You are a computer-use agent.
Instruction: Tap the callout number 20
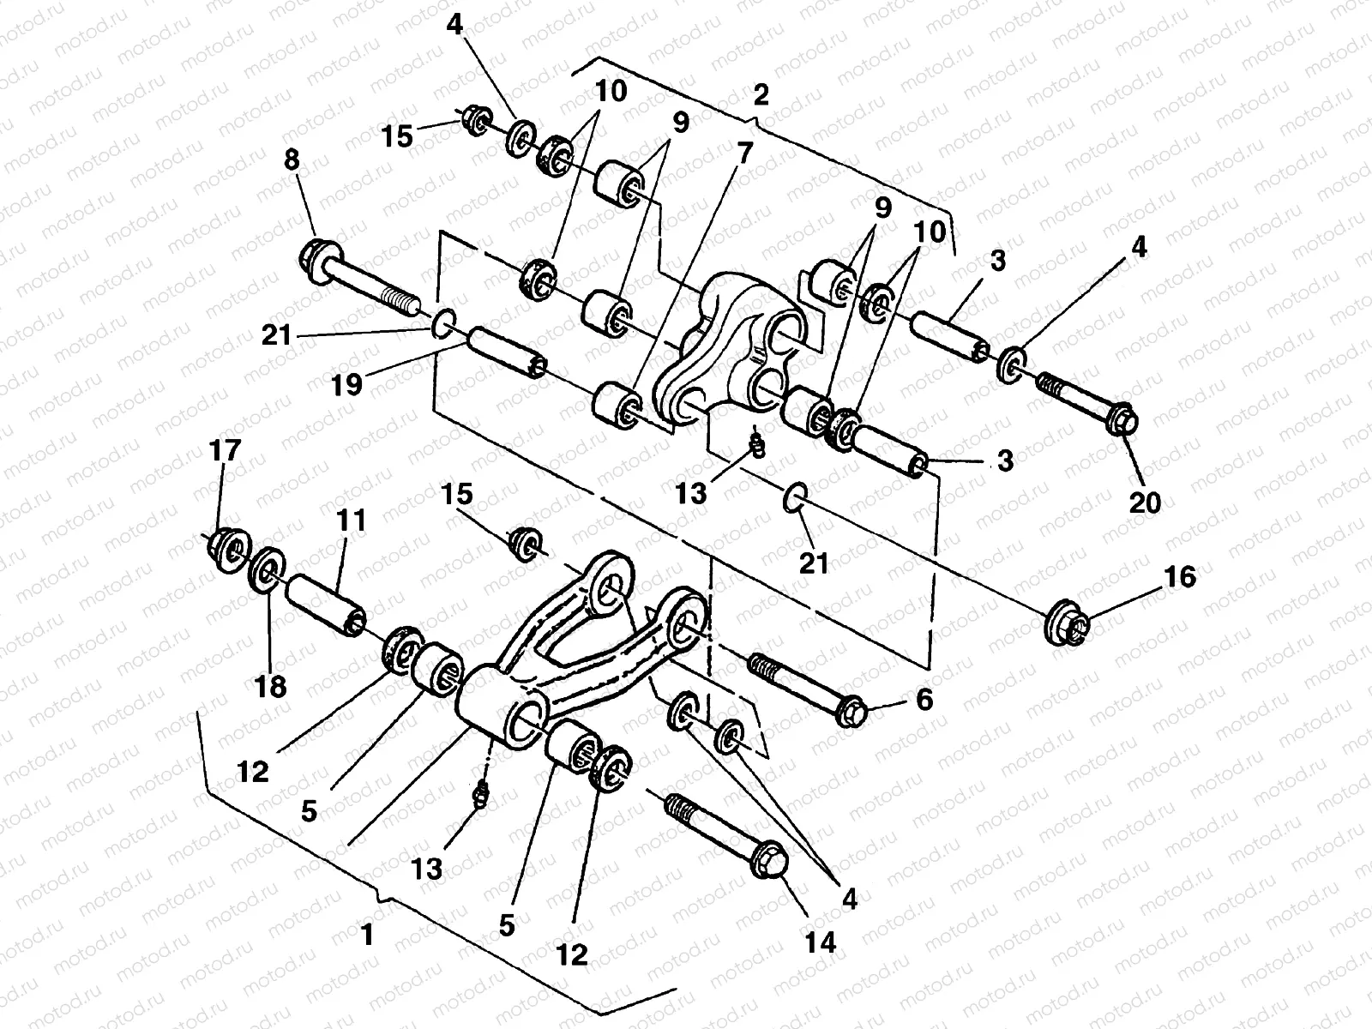pyautogui.click(x=1145, y=499)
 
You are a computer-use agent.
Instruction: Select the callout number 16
pyautogui.click(x=1179, y=577)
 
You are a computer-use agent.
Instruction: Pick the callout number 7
pyautogui.click(x=743, y=154)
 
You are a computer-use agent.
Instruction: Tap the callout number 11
pyautogui.click(x=352, y=521)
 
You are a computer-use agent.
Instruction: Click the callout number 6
pyautogui.click(x=923, y=700)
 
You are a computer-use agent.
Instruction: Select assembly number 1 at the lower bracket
pyautogui.click(x=367, y=934)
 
